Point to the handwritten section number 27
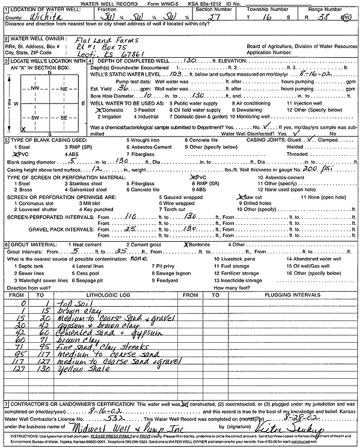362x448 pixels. click(x=218, y=17)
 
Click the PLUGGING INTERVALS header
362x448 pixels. click(x=289, y=295)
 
